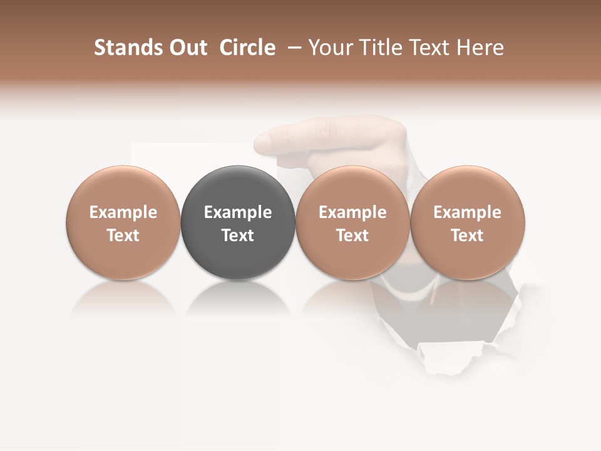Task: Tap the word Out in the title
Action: click(x=187, y=48)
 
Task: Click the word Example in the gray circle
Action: click(x=238, y=212)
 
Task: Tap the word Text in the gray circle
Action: click(x=238, y=236)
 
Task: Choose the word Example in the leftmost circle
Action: click(x=123, y=212)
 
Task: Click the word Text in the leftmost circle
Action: click(x=123, y=236)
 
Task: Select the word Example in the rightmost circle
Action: click(x=468, y=212)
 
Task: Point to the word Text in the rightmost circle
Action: click(x=468, y=236)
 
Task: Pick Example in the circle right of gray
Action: click(x=352, y=212)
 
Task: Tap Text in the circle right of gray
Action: click(x=352, y=236)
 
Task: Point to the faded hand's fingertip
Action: click(x=262, y=139)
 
